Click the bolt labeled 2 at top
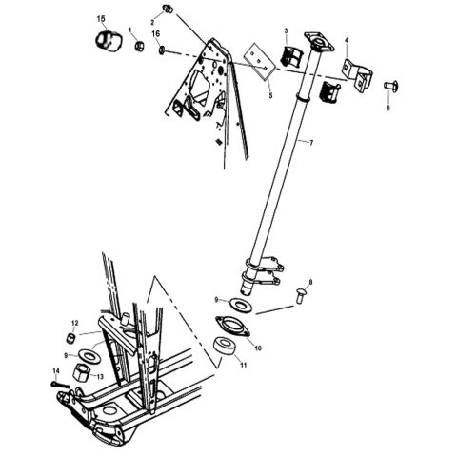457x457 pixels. (x=168, y=10)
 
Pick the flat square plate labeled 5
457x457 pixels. (x=257, y=59)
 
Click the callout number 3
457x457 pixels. (x=286, y=32)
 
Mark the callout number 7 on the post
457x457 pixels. (x=310, y=141)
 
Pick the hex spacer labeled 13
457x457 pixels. (x=83, y=369)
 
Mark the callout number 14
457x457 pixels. (x=55, y=370)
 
